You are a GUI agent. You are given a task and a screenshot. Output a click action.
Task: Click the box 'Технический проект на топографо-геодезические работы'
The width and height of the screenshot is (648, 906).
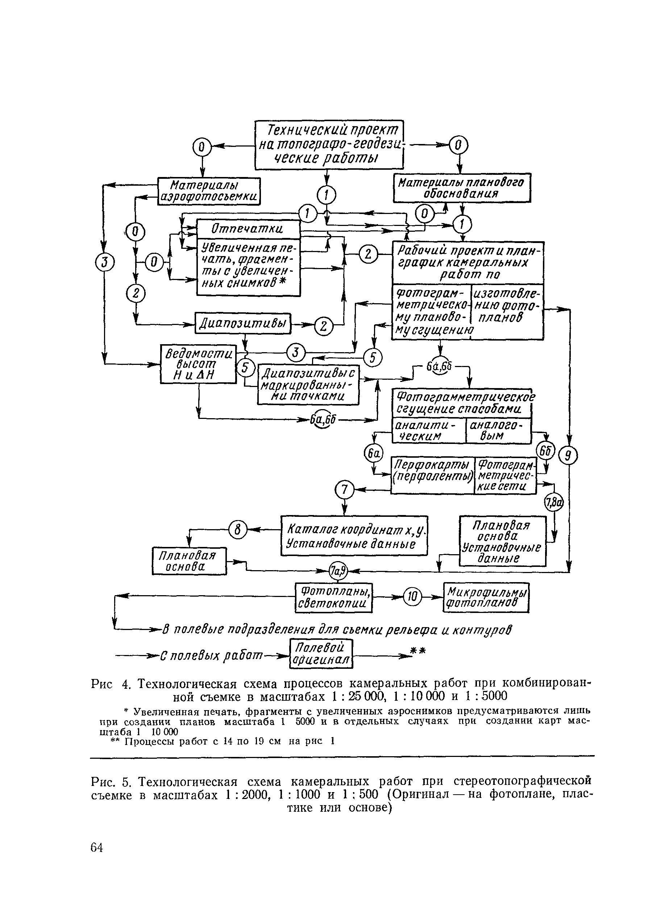329,145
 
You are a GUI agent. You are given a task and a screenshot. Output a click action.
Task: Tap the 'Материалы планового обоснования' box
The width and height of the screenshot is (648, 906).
462,188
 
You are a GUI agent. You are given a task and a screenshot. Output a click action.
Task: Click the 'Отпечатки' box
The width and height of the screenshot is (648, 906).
248,229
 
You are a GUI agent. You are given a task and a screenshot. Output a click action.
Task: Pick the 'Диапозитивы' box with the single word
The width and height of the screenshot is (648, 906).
243,323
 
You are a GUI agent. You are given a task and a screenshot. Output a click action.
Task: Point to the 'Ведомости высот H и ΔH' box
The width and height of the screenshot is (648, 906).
198,364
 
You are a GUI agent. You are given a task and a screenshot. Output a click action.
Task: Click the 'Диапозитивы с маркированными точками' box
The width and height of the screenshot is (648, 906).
308,384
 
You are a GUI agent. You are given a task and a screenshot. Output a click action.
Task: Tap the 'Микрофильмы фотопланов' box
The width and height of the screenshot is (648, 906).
486,597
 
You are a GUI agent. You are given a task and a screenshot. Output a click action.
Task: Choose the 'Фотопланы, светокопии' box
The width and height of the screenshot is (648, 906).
333,597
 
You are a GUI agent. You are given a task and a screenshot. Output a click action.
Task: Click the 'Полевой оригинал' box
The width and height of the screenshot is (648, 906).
321,654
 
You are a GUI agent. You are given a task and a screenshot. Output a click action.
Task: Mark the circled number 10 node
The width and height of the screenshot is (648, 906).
412,597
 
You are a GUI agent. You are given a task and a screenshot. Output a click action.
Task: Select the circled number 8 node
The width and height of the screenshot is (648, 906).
238,530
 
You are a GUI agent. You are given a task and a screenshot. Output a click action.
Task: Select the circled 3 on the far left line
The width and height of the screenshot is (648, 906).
104,262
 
